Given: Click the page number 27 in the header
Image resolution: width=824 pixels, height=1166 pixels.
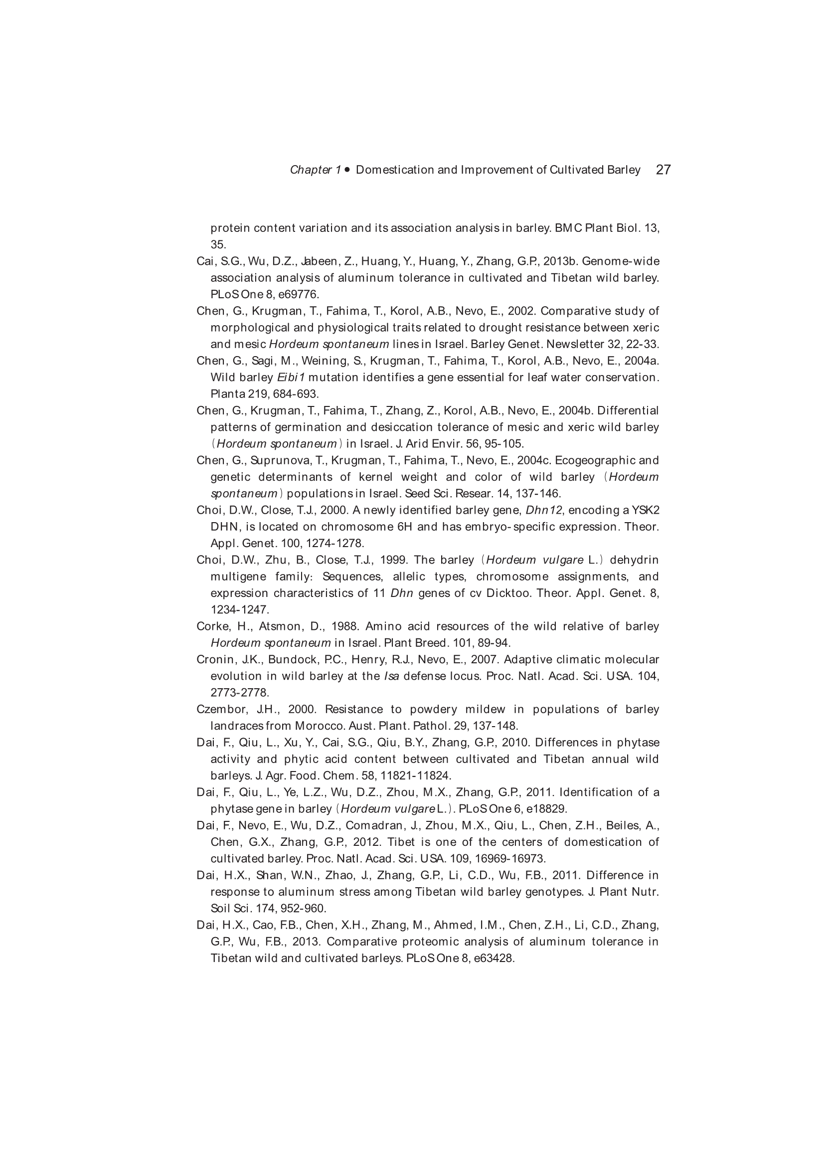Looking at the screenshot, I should coord(663,170).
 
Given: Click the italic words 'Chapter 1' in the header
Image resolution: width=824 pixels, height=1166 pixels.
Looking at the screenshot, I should coord(315,170).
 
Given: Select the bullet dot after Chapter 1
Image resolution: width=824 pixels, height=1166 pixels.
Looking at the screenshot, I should coord(347,170).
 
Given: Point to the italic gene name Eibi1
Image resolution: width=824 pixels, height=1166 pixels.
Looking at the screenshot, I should coord(291,378).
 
